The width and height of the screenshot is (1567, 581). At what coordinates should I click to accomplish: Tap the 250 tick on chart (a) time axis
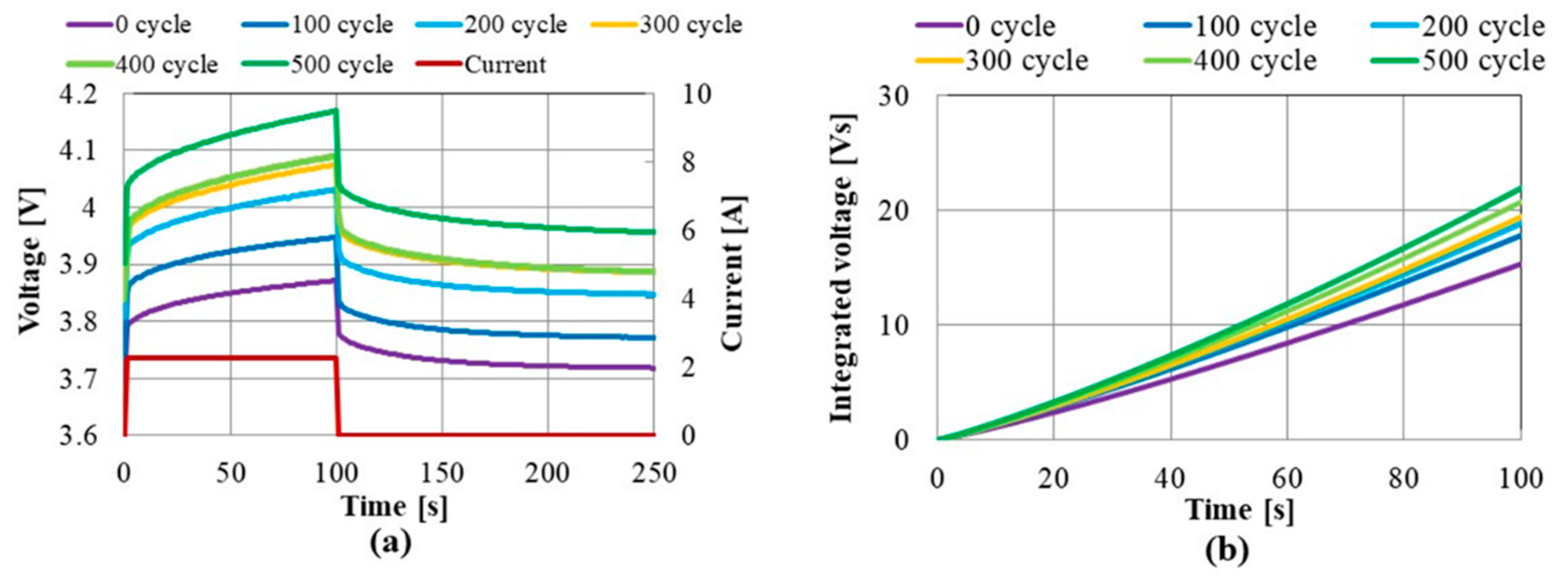tap(654, 473)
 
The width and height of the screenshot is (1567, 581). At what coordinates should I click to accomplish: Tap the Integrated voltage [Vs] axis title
tap(843, 267)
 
